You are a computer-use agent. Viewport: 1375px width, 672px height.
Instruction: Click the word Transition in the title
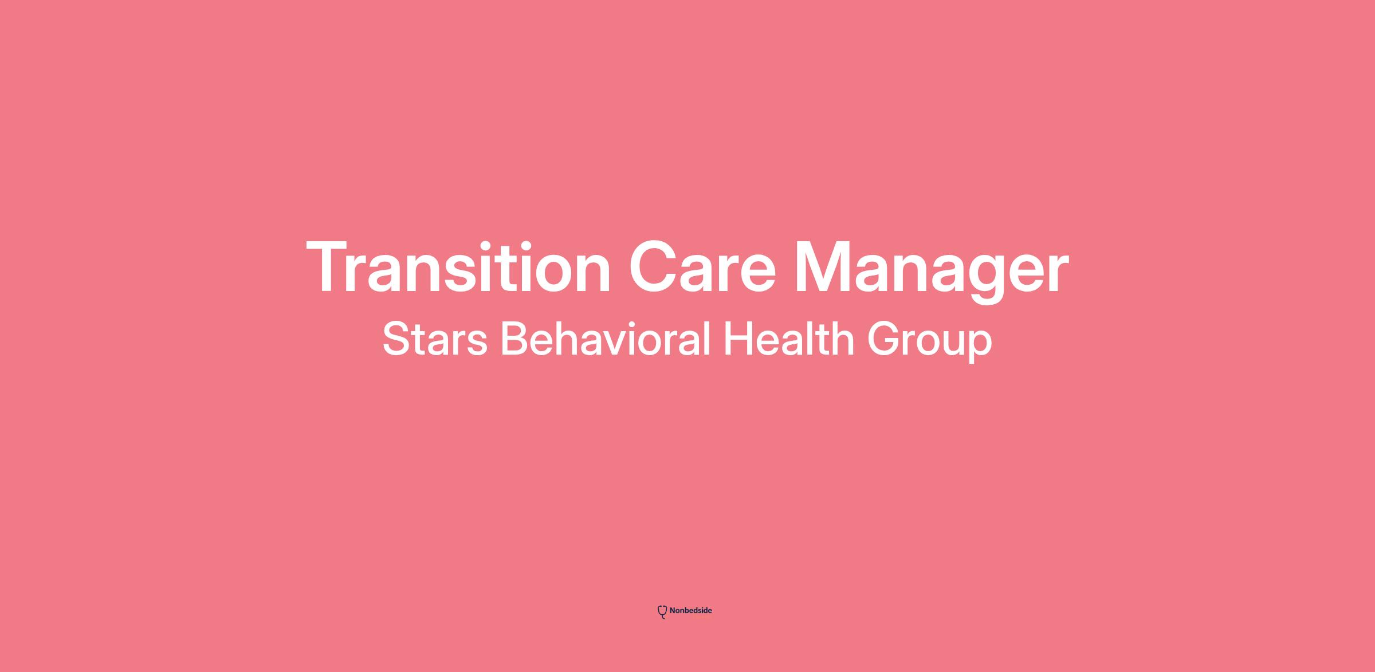point(459,266)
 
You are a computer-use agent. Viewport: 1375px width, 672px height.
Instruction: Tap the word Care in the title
point(702,268)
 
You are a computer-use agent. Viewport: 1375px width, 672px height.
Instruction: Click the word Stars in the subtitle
point(435,340)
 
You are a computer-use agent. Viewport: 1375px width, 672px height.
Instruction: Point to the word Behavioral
point(606,339)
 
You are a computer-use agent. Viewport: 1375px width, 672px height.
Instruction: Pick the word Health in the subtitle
point(789,339)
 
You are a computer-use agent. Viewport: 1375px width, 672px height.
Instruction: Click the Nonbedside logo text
point(690,611)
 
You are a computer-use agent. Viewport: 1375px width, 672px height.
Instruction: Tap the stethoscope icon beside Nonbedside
point(662,612)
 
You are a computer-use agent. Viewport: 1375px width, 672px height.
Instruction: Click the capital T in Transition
point(329,266)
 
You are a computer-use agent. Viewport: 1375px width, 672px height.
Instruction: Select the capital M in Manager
point(824,266)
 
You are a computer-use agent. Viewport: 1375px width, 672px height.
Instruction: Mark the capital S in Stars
point(396,340)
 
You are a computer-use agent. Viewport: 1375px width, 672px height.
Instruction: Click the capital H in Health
point(738,340)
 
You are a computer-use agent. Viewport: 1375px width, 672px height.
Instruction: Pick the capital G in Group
point(885,340)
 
